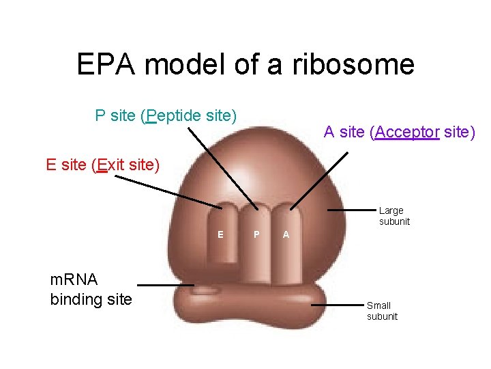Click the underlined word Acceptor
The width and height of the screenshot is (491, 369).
click(x=406, y=132)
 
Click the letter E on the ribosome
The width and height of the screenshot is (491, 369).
click(x=220, y=234)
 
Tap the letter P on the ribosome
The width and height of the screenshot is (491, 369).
click(x=256, y=234)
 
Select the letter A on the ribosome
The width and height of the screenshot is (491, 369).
click(x=286, y=234)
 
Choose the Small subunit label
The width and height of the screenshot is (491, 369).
click(x=382, y=311)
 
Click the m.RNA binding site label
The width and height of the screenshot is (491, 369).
click(x=91, y=289)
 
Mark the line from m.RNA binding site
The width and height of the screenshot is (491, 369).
click(x=166, y=285)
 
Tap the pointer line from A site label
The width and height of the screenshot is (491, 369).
click(x=318, y=180)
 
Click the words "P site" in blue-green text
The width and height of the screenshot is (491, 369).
click(x=115, y=116)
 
